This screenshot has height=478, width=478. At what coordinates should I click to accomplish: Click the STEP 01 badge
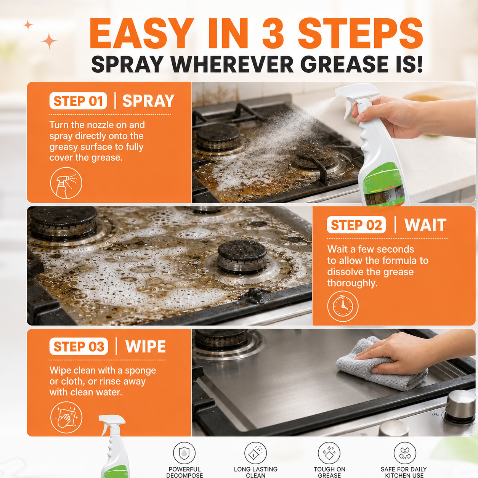[78, 101]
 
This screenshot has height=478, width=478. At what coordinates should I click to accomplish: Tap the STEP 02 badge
[356, 225]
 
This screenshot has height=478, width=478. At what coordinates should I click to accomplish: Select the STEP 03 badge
[79, 346]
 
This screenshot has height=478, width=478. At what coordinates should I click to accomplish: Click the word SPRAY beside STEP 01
[148, 101]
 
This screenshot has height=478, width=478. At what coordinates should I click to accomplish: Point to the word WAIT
[425, 225]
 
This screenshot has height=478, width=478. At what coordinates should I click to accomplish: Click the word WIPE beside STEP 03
[145, 346]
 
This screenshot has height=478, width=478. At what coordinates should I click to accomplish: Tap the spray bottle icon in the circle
[66, 183]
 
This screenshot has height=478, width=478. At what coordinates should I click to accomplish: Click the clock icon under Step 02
[343, 306]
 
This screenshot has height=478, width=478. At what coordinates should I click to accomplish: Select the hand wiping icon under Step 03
[66, 417]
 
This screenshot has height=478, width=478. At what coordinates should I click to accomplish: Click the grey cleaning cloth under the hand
[380, 365]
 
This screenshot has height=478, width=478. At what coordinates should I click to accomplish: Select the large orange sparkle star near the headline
[49, 41]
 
